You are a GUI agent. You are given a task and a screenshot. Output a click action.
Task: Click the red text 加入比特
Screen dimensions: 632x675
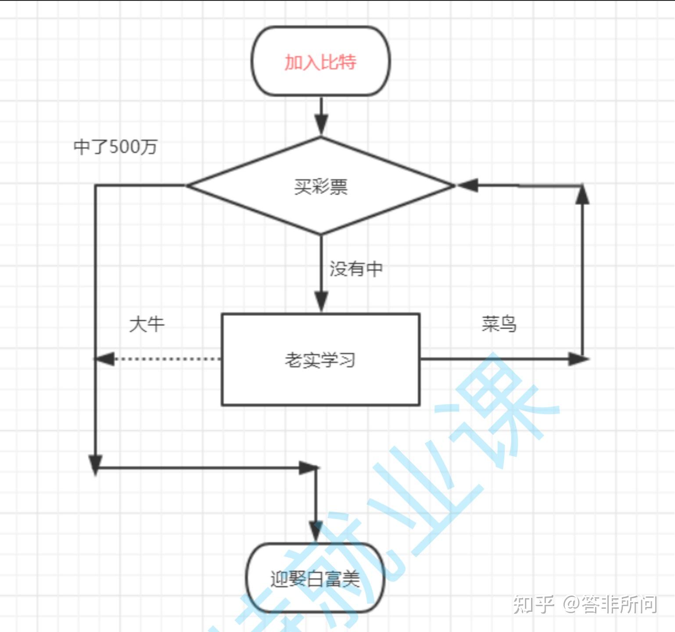coord(320,62)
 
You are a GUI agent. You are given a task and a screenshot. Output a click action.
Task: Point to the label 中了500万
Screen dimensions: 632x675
coord(115,147)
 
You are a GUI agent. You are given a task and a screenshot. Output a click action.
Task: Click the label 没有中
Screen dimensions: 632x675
coord(356,269)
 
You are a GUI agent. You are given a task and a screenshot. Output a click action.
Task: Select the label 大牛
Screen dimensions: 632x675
coord(147,324)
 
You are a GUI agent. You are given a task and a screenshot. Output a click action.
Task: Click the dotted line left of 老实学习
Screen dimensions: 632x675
coord(167,359)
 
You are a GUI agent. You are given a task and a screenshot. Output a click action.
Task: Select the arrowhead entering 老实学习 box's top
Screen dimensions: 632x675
coord(321,302)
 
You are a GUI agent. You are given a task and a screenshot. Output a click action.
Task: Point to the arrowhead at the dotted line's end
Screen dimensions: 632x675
coord(104,359)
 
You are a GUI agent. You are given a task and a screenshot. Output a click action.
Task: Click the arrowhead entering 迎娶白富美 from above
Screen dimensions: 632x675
coord(316,531)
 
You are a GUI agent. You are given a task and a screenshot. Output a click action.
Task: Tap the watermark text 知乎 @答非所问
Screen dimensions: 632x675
coord(585,604)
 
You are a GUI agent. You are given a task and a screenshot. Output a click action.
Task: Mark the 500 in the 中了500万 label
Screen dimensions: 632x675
coord(124,147)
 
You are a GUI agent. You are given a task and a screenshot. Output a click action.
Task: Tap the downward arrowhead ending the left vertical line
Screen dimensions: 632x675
coord(95,464)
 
